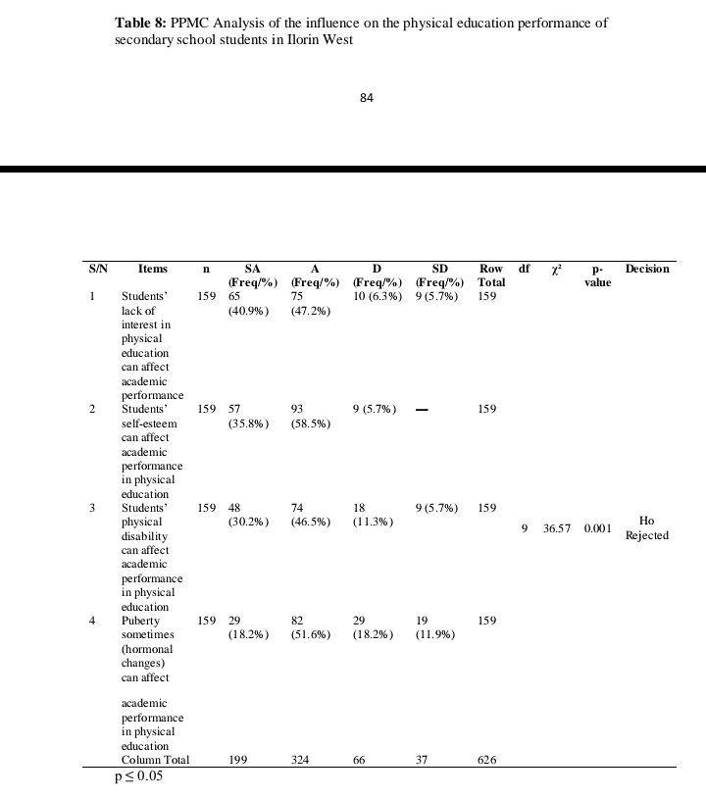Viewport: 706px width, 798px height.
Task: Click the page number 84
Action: click(367, 97)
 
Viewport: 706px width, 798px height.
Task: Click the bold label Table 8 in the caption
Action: click(143, 23)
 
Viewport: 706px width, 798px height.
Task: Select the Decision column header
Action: click(647, 269)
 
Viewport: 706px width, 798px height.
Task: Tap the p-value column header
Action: click(597, 275)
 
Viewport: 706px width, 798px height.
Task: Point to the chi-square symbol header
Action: click(556, 269)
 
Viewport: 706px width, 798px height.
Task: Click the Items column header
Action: click(152, 269)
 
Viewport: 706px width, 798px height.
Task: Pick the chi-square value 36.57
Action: click(557, 528)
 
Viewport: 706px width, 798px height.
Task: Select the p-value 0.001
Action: click(597, 528)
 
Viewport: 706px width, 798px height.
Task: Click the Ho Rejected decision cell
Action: click(646, 528)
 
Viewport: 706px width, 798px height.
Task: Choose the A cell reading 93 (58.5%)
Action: click(311, 417)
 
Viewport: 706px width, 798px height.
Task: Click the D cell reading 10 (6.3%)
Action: click(377, 296)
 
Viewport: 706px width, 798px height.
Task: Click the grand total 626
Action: click(487, 761)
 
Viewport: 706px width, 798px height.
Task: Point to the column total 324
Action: click(302, 761)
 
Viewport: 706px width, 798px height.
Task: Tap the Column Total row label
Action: click(155, 761)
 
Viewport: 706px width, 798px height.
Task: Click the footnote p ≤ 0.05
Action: click(138, 777)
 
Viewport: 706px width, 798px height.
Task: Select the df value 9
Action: click(525, 528)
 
